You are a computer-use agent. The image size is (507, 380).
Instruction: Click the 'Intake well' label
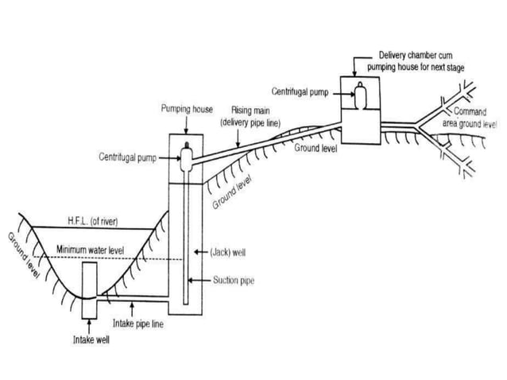(87, 339)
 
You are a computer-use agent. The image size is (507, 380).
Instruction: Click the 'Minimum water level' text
(90, 250)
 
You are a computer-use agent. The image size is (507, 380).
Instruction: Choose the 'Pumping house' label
(187, 108)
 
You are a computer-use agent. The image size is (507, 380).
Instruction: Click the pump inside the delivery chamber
(361, 96)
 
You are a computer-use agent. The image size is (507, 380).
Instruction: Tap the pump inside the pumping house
(187, 155)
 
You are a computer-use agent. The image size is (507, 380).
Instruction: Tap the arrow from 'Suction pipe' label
(202, 281)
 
